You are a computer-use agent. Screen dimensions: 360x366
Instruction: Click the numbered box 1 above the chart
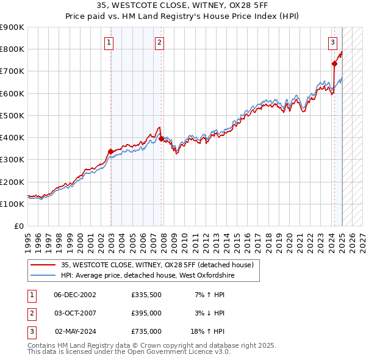pyautogui.click(x=109, y=42)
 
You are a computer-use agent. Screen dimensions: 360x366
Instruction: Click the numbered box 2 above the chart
pyautogui.click(x=159, y=42)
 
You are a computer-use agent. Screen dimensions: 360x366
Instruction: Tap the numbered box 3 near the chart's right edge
pyautogui.click(x=332, y=42)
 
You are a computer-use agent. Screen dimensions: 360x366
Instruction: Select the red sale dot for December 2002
pyautogui.click(x=111, y=152)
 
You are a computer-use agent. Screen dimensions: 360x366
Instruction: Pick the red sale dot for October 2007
pyautogui.click(x=162, y=139)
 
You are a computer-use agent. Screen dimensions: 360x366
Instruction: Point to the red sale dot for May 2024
pyautogui.click(x=335, y=63)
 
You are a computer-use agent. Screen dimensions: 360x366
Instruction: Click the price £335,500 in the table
pyautogui.click(x=146, y=295)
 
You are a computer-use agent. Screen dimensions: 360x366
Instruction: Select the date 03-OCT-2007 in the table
pyautogui.click(x=75, y=313)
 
